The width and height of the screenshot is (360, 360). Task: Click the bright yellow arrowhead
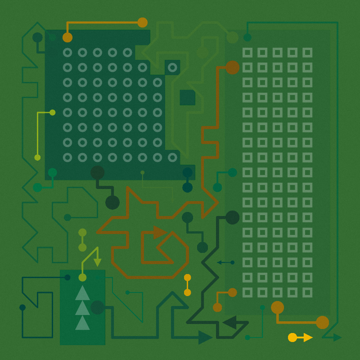[308, 337]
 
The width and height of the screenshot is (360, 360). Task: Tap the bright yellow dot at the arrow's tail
[292, 337]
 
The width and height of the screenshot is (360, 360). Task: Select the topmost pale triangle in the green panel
[82, 293]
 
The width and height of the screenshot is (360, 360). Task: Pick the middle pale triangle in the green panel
[82, 309]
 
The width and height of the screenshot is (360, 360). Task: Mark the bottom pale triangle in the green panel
[82, 323]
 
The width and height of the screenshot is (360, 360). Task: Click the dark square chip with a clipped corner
[187, 97]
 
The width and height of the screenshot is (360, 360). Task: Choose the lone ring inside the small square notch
[172, 67]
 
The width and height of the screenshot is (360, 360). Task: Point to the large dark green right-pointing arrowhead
[205, 337]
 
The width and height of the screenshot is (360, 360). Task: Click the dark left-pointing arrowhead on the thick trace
[229, 322]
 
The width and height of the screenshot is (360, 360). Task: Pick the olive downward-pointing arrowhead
[97, 262]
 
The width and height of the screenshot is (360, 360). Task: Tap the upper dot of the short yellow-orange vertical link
[187, 278]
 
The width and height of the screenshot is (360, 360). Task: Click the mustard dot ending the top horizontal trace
[142, 22]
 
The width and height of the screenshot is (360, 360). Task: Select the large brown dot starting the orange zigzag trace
[232, 67]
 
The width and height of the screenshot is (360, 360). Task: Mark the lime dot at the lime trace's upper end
[52, 112]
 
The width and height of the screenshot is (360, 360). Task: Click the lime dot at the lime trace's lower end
[37, 157]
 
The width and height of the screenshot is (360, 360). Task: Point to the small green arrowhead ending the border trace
[337, 337]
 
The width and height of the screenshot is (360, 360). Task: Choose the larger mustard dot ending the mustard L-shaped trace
[322, 322]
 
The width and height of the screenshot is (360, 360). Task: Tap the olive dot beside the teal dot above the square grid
[232, 37]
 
